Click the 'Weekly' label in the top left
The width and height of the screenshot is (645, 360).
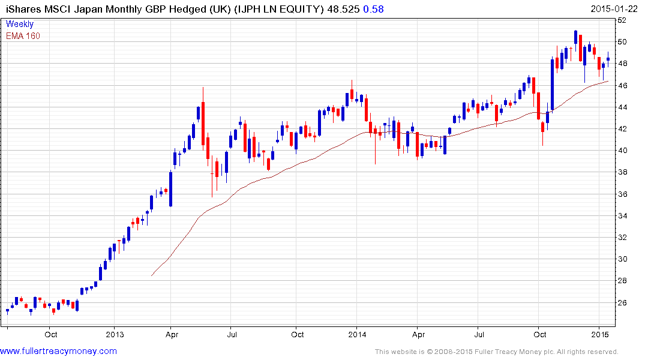[x=20, y=24]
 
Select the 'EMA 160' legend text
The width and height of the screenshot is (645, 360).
[x=23, y=36]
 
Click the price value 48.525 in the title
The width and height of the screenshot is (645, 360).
[x=335, y=9]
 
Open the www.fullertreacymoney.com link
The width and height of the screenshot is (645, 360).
[x=59, y=351]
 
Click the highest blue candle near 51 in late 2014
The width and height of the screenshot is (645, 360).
[x=575, y=38]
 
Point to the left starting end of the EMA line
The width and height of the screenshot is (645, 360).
[x=152, y=275]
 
